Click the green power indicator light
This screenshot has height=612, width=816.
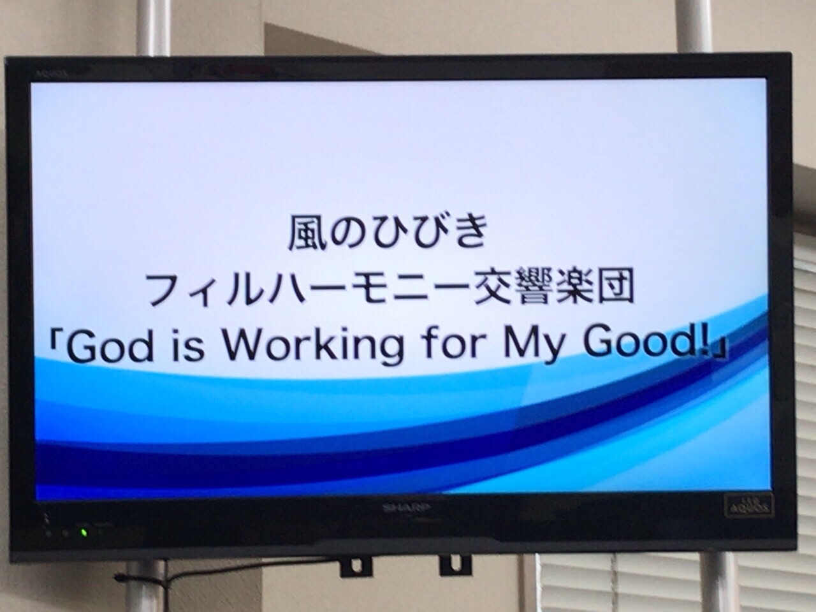[85, 533]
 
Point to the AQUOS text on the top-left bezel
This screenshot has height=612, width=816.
[52, 73]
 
